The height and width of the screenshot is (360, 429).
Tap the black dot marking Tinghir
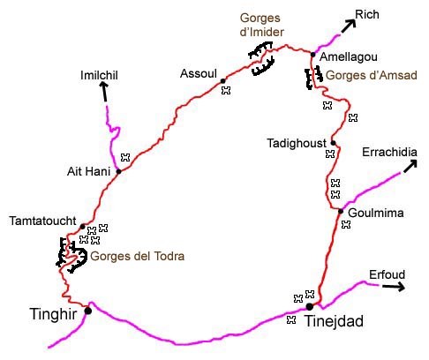click(87, 311)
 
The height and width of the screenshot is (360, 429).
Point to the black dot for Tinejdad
click(310, 306)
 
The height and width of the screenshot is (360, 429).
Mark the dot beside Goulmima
click(341, 210)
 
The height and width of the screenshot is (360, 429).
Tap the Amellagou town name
click(345, 55)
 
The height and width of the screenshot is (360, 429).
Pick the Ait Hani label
click(87, 171)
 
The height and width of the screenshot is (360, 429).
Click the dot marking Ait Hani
click(117, 171)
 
